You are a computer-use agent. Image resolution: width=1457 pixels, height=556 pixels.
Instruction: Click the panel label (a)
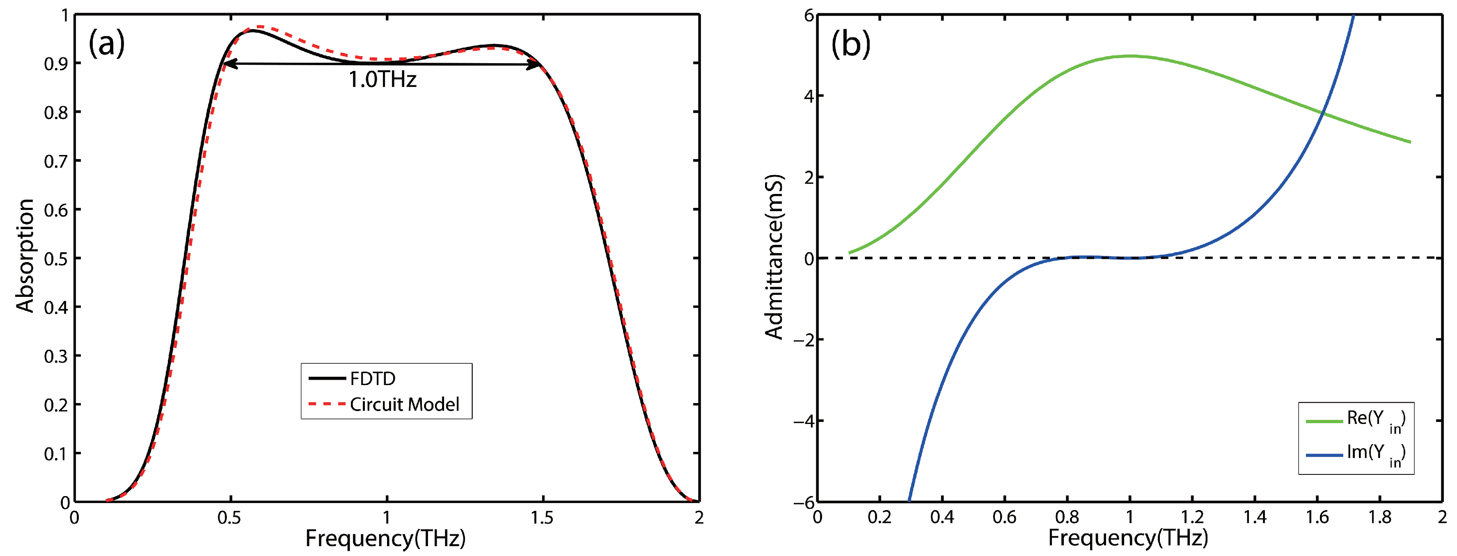[x=106, y=43]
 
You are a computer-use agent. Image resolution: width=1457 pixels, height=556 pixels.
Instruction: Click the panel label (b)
[x=850, y=43]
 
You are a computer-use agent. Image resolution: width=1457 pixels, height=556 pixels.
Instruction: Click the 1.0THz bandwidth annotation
[x=383, y=80]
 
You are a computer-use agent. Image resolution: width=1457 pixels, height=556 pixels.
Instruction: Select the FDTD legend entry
[x=372, y=378]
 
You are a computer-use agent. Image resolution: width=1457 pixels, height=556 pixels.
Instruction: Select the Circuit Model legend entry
[x=404, y=404]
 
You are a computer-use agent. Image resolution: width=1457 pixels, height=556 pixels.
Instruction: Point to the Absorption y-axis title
[x=25, y=255]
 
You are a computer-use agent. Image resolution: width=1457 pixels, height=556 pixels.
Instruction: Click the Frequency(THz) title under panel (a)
[x=385, y=538]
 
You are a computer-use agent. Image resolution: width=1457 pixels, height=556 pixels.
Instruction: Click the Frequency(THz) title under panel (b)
[x=1128, y=538]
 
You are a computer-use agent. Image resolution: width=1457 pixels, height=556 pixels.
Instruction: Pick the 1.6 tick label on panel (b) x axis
[x=1317, y=517]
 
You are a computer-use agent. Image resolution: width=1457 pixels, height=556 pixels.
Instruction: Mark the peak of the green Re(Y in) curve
[x=1130, y=56]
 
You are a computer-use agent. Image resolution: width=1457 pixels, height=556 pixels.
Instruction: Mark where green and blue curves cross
[x=1322, y=114]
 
